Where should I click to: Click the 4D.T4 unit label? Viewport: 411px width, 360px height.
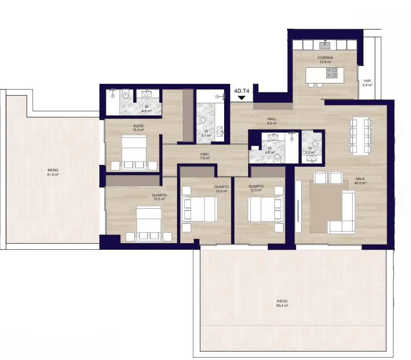[x=242, y=91]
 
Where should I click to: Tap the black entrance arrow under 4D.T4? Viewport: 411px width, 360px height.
[x=242, y=98]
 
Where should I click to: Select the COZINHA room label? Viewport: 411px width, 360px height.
[x=325, y=58]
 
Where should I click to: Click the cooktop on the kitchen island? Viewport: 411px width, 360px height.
[x=331, y=73]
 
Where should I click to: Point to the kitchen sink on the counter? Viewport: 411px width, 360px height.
[x=325, y=45]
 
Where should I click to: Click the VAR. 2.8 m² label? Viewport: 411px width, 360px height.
[x=367, y=83]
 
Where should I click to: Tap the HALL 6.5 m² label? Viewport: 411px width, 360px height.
[x=272, y=121]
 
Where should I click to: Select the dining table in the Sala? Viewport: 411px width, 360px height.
[x=361, y=137]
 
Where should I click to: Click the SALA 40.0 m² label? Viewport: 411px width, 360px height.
[x=360, y=181]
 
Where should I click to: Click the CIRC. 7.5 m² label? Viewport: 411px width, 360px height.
[x=205, y=156]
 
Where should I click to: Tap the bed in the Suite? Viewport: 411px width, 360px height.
[x=134, y=153]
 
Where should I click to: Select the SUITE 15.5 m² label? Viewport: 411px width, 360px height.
[x=138, y=128]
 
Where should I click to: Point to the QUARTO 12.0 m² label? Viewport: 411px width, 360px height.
[x=221, y=189]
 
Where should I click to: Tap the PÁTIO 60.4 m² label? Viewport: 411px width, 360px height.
[x=282, y=303]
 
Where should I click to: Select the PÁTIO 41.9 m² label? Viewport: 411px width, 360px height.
[x=53, y=172]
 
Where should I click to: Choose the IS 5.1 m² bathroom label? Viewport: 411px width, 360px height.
[x=206, y=133]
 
